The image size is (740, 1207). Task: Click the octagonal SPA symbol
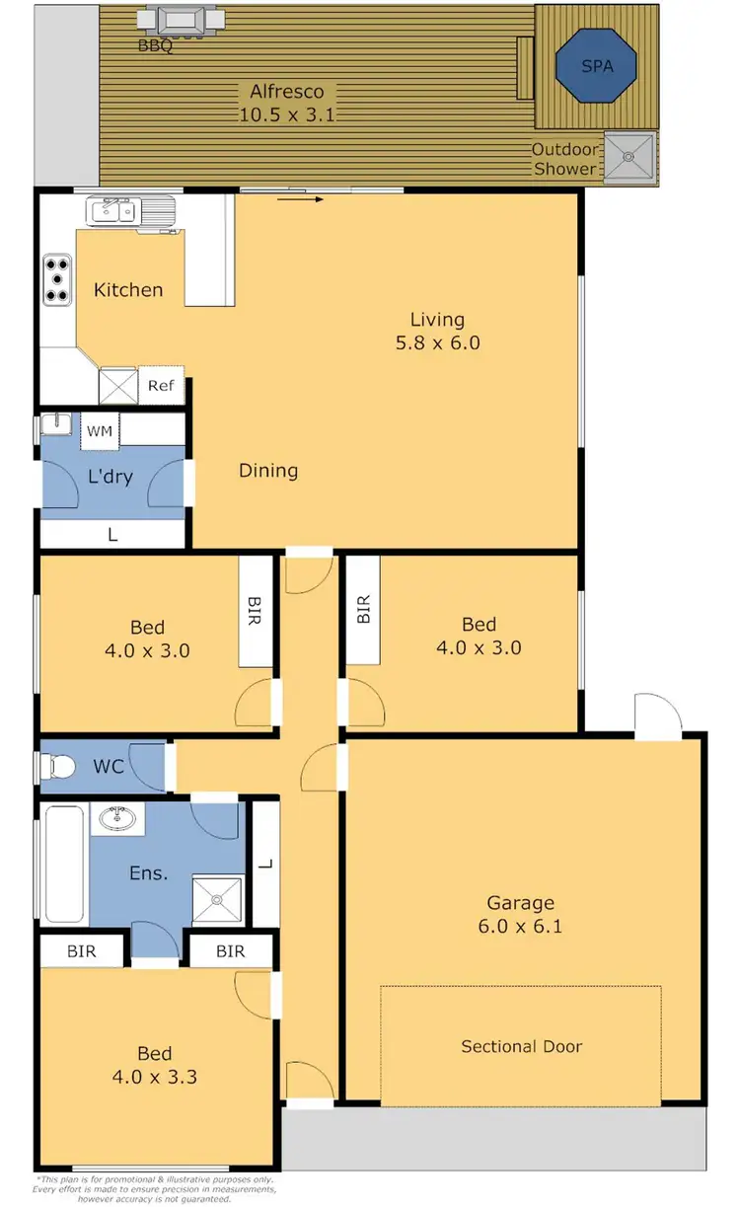(x=597, y=65)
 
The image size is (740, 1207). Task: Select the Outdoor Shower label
(x=564, y=159)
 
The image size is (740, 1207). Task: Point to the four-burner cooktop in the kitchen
(x=57, y=278)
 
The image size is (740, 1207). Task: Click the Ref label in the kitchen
(x=161, y=386)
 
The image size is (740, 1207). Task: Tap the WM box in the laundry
(x=99, y=431)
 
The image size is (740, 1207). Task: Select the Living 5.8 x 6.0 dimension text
(x=437, y=343)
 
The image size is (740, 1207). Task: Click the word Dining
(x=268, y=471)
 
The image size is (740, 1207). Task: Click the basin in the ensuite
(x=118, y=819)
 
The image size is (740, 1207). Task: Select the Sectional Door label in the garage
(x=521, y=1046)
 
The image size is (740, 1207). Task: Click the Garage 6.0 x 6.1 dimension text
(x=521, y=926)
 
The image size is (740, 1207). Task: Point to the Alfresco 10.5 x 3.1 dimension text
(x=287, y=114)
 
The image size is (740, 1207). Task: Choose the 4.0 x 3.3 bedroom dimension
(x=155, y=1076)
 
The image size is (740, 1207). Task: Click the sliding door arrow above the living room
(x=301, y=199)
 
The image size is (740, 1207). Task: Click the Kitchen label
(x=128, y=290)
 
